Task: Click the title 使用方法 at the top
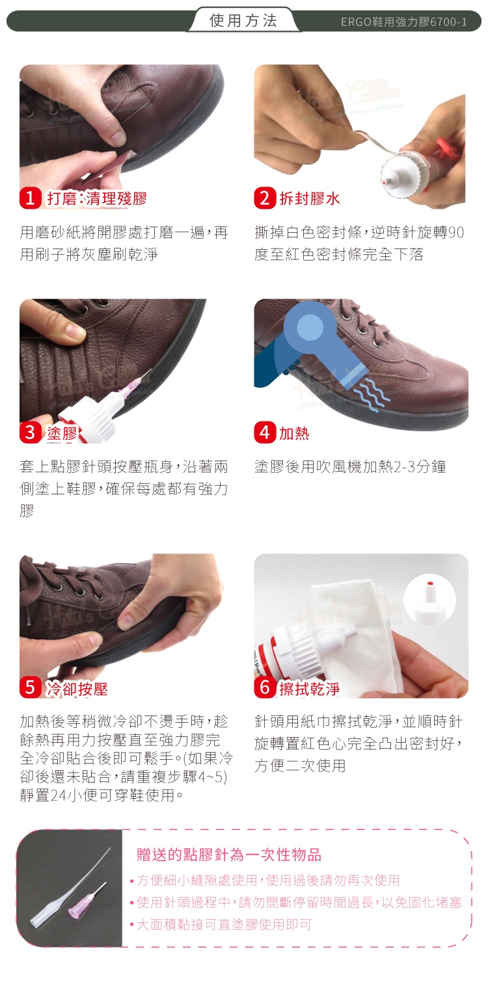point(243,21)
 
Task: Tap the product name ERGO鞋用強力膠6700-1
point(403,21)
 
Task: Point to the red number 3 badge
point(31,433)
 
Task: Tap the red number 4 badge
point(265,433)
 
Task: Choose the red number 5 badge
point(31,688)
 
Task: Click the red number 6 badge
point(265,688)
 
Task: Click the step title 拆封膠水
point(310,198)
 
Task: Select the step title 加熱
point(295,433)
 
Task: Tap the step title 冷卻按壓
point(77,689)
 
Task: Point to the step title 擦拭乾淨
point(310,689)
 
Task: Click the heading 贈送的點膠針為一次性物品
point(229,855)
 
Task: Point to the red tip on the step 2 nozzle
point(385,182)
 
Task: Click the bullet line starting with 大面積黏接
point(224,924)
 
